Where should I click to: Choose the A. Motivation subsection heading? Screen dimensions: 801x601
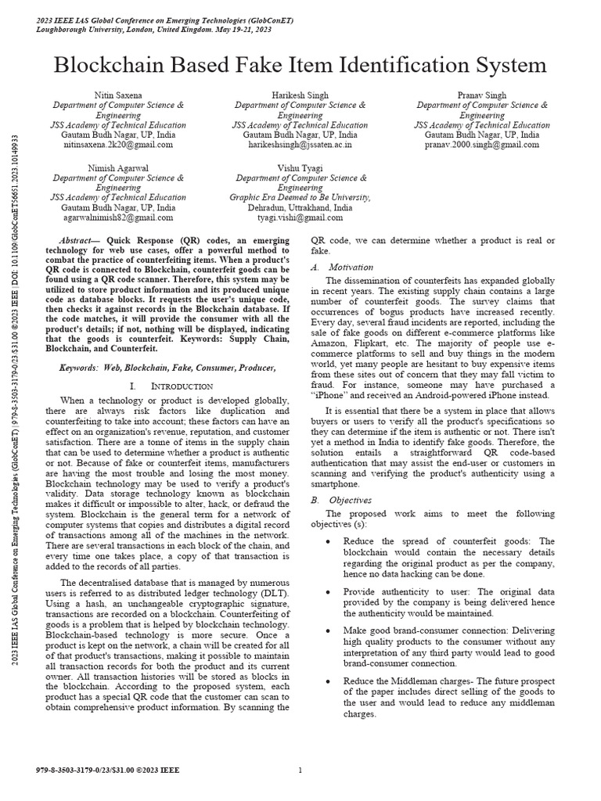click(x=332, y=267)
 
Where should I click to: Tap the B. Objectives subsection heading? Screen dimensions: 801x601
click(x=332, y=500)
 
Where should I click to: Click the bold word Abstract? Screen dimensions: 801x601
click(x=80, y=237)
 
